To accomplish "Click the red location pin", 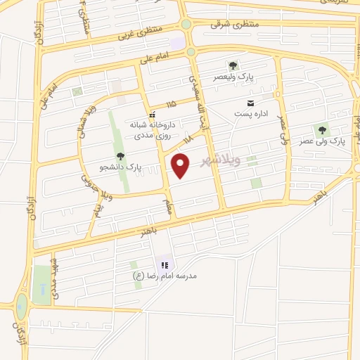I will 181,165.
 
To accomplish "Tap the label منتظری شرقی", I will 234,24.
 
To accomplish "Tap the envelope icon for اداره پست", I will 250,104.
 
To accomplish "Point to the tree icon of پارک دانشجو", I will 119,157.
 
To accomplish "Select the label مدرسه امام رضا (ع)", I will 167,276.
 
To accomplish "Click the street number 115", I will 170,103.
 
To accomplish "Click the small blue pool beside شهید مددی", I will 44,289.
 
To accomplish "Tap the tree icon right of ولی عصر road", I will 322,129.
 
